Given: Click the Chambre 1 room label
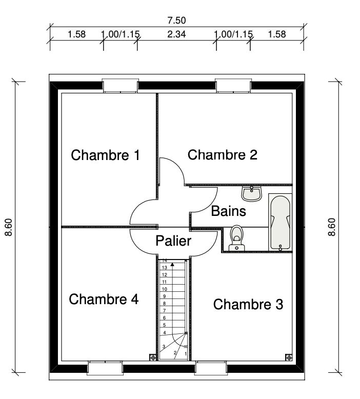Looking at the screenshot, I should (105, 155).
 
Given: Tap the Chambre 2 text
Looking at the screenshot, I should (223, 154).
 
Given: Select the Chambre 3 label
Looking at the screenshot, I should (248, 305).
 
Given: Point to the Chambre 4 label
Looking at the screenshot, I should (104, 299).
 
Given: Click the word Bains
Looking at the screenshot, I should (229, 211).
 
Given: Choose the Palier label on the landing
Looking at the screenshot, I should (173, 241).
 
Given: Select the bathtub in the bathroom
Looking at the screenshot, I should (281, 222).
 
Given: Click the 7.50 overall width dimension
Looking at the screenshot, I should (176, 21).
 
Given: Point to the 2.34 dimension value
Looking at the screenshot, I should (176, 34).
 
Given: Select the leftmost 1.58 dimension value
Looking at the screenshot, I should (76, 34).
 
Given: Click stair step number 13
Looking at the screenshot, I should (164, 267).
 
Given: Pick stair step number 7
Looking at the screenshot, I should (164, 310).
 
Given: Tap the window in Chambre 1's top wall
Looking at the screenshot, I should (120, 86).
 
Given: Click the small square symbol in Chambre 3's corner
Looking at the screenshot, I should (288, 357).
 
